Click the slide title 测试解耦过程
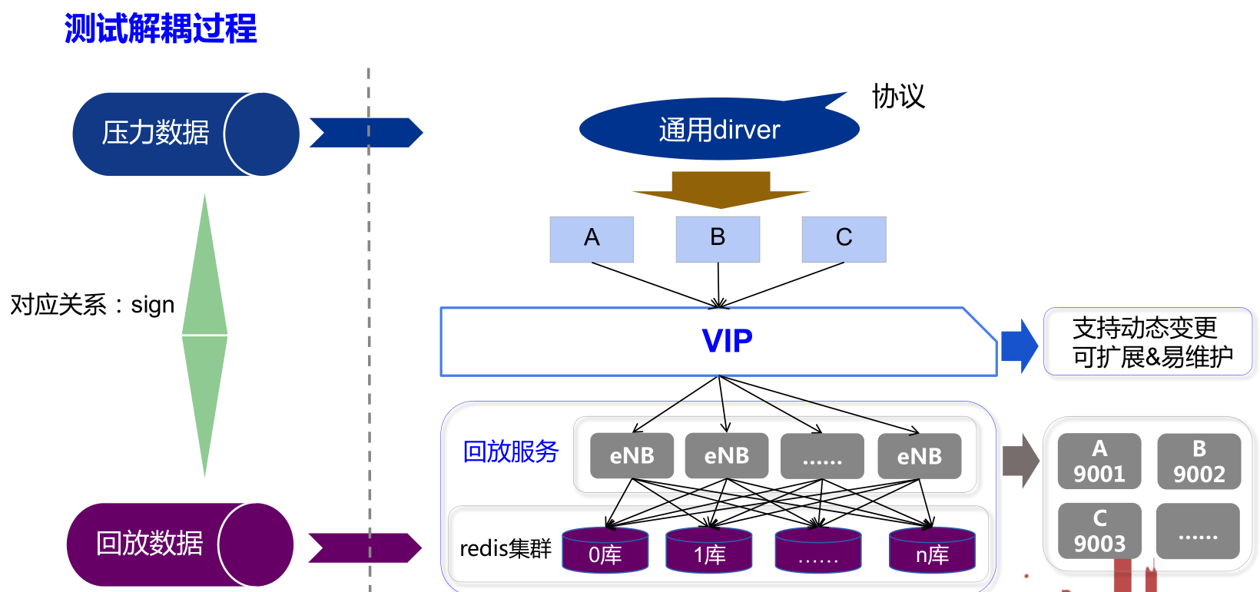click(x=161, y=29)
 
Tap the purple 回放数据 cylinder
click(x=179, y=544)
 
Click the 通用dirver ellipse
click(x=718, y=129)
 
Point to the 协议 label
click(x=898, y=97)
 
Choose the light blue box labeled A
click(x=592, y=239)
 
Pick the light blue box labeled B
click(x=718, y=239)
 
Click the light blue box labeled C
click(x=844, y=239)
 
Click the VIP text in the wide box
click(x=727, y=341)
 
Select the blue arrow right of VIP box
click(x=1020, y=346)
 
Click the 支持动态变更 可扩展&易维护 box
click(x=1148, y=342)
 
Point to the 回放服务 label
click(x=510, y=451)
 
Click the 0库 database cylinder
click(x=605, y=551)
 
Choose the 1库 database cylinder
click(x=709, y=551)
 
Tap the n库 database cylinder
click(x=932, y=551)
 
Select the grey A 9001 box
click(x=1099, y=461)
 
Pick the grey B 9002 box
click(x=1199, y=461)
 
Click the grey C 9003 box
click(x=1099, y=531)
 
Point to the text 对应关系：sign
click(x=92, y=305)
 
